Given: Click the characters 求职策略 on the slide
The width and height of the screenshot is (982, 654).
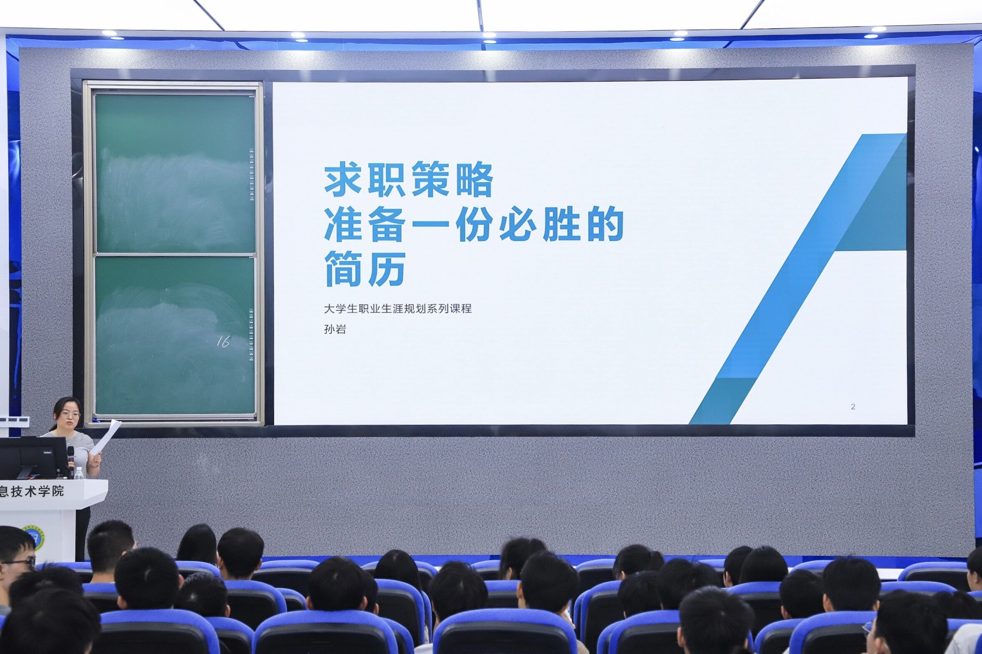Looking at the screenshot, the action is [408, 180].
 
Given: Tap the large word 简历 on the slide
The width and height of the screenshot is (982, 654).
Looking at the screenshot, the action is [365, 268].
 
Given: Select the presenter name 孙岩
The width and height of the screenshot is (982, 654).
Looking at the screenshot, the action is [335, 330].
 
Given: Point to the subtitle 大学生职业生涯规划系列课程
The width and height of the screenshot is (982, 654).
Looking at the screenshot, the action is [398, 309].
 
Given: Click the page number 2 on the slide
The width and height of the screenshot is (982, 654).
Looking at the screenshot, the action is [853, 407].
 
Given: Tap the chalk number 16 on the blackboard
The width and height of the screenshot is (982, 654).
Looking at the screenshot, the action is [223, 342].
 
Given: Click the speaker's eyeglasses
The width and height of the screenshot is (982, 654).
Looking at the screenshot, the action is [70, 415].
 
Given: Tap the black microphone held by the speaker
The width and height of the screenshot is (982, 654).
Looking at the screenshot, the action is [71, 456].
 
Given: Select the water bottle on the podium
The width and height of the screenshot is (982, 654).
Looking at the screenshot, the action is [78, 473].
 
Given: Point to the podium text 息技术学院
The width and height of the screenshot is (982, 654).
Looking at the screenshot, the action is [32, 491].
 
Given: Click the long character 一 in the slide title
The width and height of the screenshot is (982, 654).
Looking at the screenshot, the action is [430, 225].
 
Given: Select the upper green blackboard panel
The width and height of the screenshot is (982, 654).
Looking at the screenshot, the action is [175, 173].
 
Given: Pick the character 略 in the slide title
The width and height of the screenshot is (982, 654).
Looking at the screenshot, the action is [474, 180].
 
